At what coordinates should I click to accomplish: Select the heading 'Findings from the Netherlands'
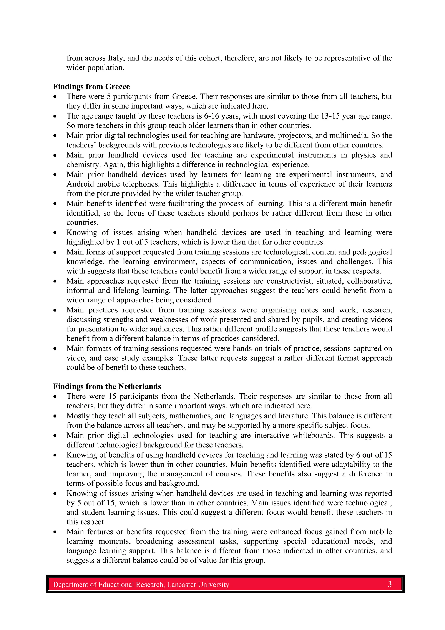pos(107,386)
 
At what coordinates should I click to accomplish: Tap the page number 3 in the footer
pos(390,584)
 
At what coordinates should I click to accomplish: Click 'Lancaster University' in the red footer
pos(198,585)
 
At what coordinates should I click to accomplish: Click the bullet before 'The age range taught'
pos(55,116)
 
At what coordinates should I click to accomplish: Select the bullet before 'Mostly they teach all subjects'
pos(55,416)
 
